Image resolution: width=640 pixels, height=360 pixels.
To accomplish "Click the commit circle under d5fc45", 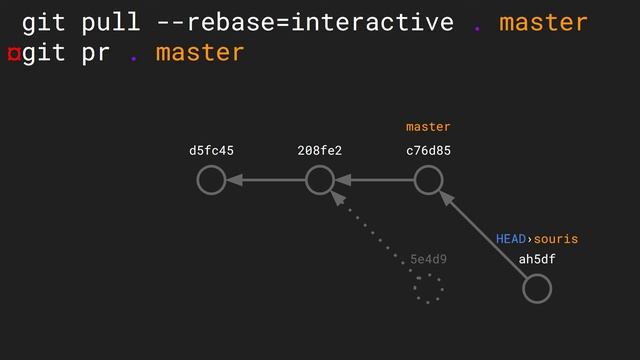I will tap(211, 180).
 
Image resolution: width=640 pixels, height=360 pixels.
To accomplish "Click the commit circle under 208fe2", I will tap(319, 180).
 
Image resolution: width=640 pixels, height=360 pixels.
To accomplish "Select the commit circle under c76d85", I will tap(428, 180).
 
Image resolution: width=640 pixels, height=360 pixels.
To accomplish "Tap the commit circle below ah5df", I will tap(537, 288).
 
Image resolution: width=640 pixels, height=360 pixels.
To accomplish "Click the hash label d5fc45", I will tap(211, 151).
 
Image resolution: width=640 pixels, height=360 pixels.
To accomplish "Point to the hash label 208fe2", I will tap(319, 151).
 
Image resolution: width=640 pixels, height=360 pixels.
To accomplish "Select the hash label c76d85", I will tap(428, 151).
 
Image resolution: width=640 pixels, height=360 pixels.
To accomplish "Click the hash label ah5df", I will tap(537, 260).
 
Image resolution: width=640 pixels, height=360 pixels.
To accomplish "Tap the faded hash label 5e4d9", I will tap(428, 260).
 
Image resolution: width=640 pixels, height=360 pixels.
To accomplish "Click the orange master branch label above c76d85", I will tap(428, 127).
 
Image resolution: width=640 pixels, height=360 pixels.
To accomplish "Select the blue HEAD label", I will tap(511, 239).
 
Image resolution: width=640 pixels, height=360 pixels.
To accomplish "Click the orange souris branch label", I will tap(556, 239).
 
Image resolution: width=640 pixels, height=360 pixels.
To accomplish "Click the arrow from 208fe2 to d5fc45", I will tap(265, 180).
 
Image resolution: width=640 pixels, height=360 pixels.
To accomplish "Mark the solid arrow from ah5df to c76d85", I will tap(483, 235).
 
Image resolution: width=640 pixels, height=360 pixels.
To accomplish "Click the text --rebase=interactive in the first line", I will tap(305, 22).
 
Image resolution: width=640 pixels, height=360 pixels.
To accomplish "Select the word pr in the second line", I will tap(95, 52).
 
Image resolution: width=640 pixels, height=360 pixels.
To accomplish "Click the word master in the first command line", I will tap(543, 22).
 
